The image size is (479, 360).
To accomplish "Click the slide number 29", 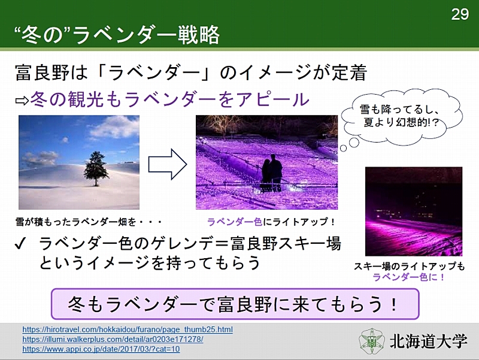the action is click(460, 14).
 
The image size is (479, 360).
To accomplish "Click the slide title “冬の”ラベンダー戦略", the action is click(117, 34).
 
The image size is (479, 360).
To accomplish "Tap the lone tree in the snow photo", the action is click(96, 168).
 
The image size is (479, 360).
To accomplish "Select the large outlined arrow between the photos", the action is click(168, 164).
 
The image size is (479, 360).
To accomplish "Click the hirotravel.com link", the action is click(128, 329).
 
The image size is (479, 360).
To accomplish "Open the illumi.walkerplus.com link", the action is click(113, 339).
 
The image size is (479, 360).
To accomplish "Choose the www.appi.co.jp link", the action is click(101, 349).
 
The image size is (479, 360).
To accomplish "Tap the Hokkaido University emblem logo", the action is click(372, 341).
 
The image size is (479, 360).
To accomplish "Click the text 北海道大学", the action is click(428, 341).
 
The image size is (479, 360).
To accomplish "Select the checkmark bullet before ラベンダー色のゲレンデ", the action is click(20, 244).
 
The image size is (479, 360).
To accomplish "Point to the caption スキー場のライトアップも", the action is click(410, 266).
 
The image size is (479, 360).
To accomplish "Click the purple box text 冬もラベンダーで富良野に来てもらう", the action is click(233, 304).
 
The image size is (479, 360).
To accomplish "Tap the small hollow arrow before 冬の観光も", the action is click(22, 101).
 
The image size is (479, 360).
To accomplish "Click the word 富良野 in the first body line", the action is click(43, 72).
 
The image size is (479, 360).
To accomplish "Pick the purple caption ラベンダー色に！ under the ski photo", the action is click(409, 277).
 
